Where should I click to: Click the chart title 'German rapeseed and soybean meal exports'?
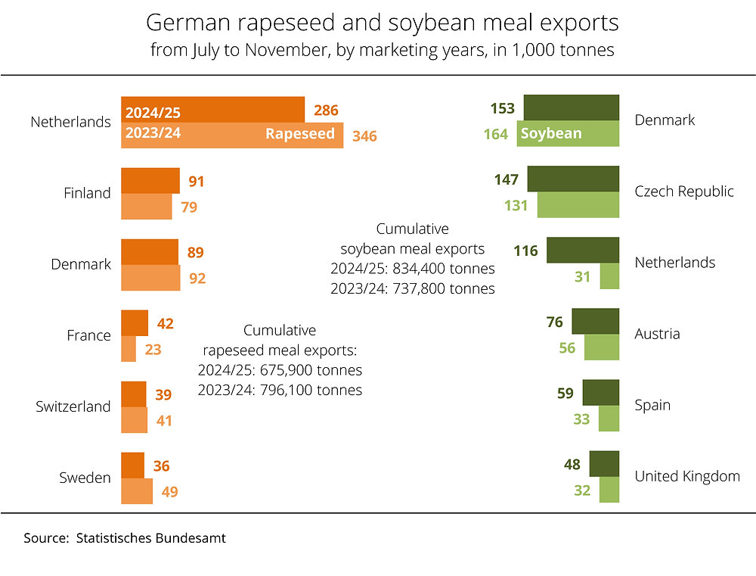[x=382, y=23]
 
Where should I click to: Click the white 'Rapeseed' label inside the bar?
[x=299, y=134]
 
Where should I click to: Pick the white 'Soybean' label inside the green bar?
[x=552, y=134]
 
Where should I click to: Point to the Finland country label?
[x=87, y=193]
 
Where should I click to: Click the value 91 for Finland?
[x=197, y=182]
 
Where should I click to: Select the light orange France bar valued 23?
[x=129, y=349]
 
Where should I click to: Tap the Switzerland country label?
[x=73, y=406]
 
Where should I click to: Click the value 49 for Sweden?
[x=169, y=492]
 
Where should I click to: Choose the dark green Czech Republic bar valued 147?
[x=573, y=179]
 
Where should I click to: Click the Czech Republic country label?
[x=683, y=191]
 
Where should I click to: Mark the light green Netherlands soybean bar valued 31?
[x=609, y=277]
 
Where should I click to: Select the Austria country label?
[x=657, y=334]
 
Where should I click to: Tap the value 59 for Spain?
[x=565, y=394]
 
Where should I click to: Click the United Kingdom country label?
[x=686, y=476]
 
